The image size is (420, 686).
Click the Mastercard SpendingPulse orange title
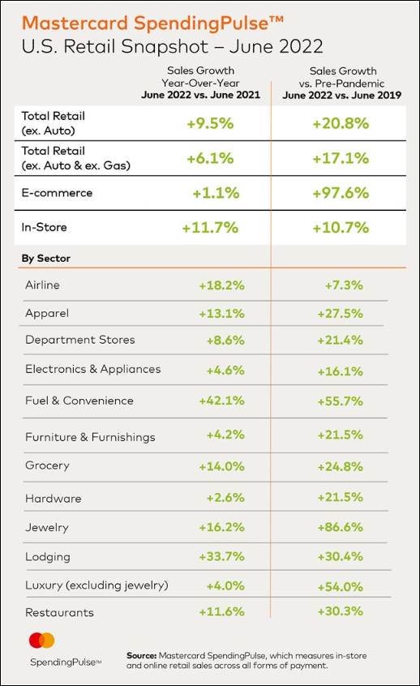tap(152, 24)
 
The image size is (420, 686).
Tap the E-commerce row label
tap(57, 193)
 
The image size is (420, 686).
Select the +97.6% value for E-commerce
tap(341, 193)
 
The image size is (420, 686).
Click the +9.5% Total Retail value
tap(210, 123)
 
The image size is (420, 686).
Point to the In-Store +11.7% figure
tap(210, 228)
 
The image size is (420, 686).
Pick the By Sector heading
tap(46, 258)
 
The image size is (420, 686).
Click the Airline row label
tap(42, 285)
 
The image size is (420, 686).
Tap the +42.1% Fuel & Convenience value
tap(221, 401)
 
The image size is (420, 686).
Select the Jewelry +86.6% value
tap(341, 527)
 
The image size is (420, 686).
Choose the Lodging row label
tap(48, 557)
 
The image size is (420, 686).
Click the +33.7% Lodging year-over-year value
tap(221, 556)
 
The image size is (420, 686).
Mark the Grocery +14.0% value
tap(221, 466)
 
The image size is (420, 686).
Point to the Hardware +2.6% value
tap(225, 497)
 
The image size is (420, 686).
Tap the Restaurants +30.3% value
tap(341, 611)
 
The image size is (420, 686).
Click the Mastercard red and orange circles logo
tap(41, 641)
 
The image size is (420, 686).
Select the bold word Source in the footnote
tap(142, 655)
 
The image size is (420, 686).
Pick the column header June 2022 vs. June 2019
tap(341, 95)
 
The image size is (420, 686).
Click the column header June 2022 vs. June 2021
tap(201, 95)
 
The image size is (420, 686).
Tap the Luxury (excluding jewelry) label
tap(96, 585)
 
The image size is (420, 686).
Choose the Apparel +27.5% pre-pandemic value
tap(341, 314)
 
